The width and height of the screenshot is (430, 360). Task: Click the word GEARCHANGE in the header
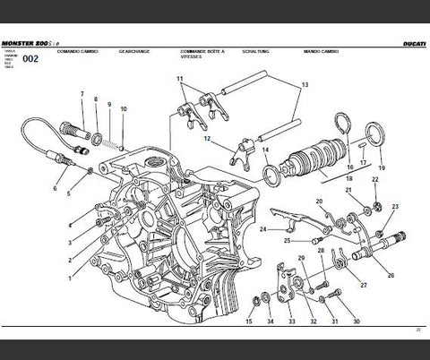click(x=133, y=53)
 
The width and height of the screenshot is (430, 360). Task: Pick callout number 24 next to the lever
click(x=262, y=229)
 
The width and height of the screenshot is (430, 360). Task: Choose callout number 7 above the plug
click(x=82, y=94)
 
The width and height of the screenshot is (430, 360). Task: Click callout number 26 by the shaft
click(x=391, y=261)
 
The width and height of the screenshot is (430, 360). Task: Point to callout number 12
click(x=206, y=138)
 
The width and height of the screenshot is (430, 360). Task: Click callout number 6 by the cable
click(x=55, y=189)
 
